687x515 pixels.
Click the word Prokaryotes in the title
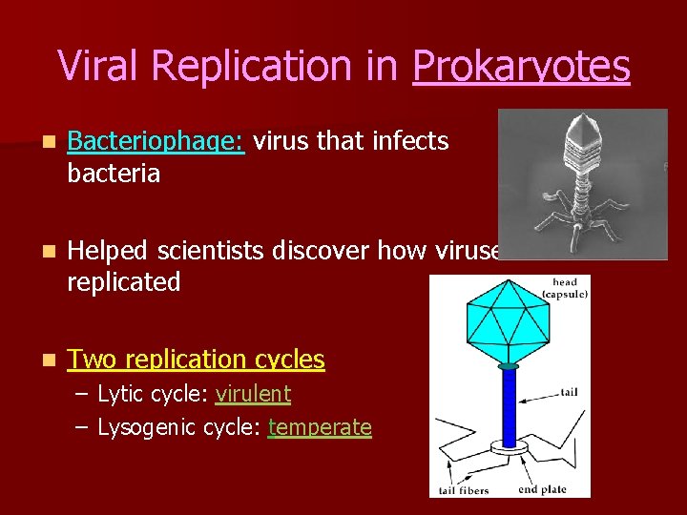521,67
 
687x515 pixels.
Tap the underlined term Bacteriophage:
156,142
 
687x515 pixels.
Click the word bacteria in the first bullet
114,174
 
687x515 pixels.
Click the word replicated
124,282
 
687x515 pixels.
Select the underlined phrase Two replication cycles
197,360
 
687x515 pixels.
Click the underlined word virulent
253,394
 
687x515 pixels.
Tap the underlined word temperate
320,427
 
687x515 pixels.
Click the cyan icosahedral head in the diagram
508,324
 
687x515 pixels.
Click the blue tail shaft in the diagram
509,405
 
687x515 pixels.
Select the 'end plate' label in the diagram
541,489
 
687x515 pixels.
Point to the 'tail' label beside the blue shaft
569,392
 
